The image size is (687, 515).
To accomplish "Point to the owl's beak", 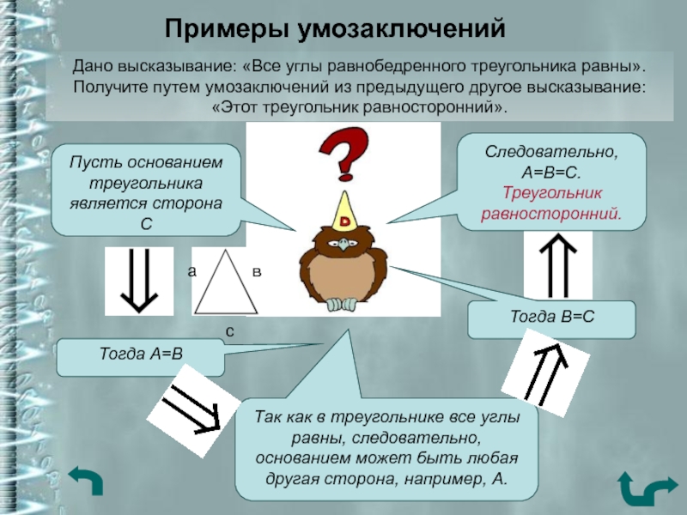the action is (x=345, y=246).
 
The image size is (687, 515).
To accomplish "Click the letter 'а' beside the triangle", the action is (x=192, y=271).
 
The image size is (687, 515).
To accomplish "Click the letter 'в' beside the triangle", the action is (x=256, y=271).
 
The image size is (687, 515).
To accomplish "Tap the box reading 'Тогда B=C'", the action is (x=551, y=318).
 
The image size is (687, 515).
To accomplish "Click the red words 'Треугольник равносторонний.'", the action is (x=550, y=203).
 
